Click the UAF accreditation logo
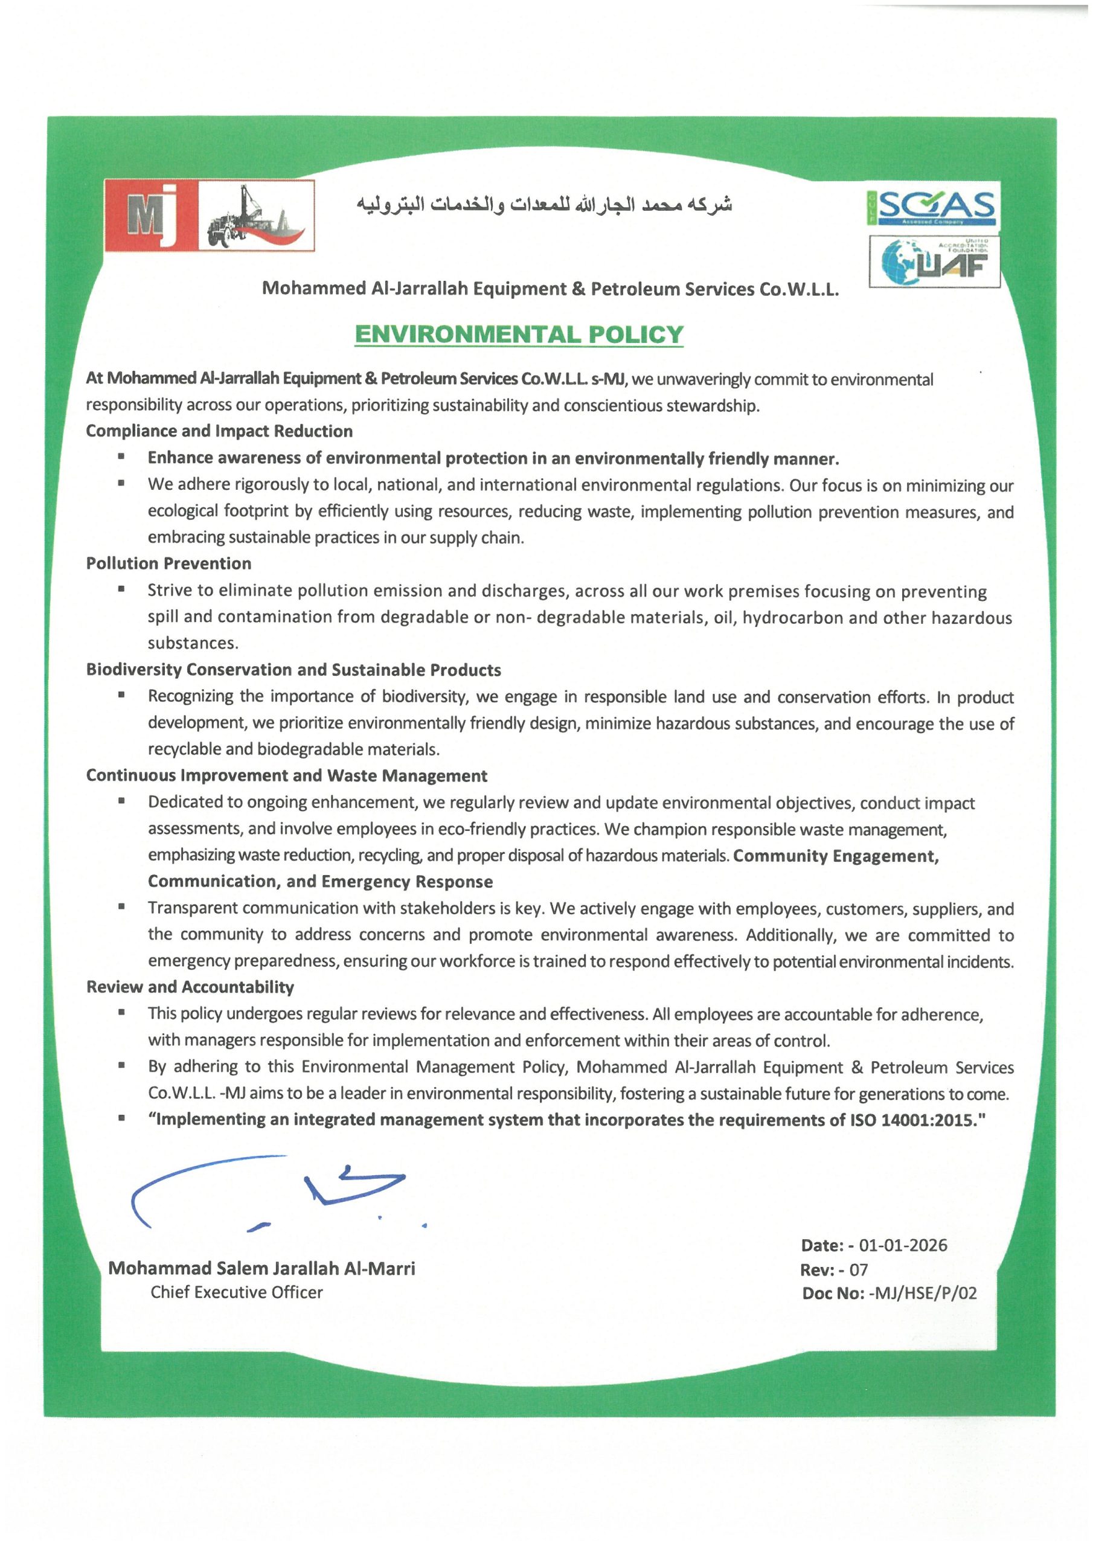tap(934, 262)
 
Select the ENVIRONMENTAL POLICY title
tap(519, 335)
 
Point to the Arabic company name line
tap(544, 204)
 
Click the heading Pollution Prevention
tap(168, 563)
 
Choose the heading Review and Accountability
tap(190, 987)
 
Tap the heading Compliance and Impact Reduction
tap(219, 431)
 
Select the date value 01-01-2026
tap(902, 1245)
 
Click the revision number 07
tap(858, 1270)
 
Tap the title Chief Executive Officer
tap(236, 1292)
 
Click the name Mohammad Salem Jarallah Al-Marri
tap(261, 1269)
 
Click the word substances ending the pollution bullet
tap(193, 643)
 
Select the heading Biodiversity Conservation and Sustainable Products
tap(293, 670)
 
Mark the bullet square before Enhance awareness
tap(121, 457)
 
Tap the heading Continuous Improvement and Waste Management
tap(286, 775)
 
